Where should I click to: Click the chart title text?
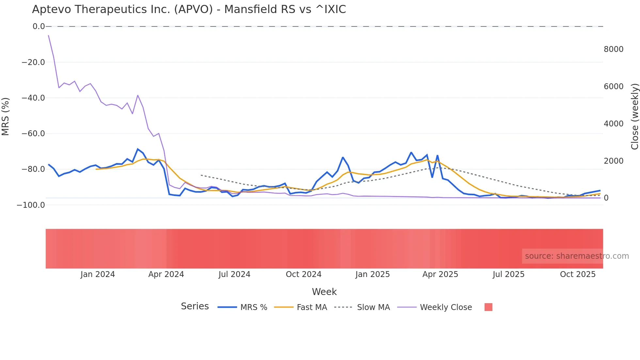point(189,9)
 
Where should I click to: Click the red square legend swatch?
point(488,307)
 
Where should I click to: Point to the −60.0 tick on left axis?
point(33,134)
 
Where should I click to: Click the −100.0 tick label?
point(31,205)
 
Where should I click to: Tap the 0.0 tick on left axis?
point(39,26)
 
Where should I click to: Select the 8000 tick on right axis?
point(614,49)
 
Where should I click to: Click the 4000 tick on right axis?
point(614,124)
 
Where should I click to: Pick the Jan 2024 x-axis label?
point(98,274)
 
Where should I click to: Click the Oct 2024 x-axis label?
point(303,274)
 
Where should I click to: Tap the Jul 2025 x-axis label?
point(508,274)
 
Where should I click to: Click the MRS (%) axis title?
point(6,116)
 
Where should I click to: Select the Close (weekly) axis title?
point(634,116)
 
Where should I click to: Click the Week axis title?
point(324,292)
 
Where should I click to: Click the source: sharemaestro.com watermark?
point(577,256)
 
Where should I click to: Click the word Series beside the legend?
point(195,306)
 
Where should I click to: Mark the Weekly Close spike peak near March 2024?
point(138,95)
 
